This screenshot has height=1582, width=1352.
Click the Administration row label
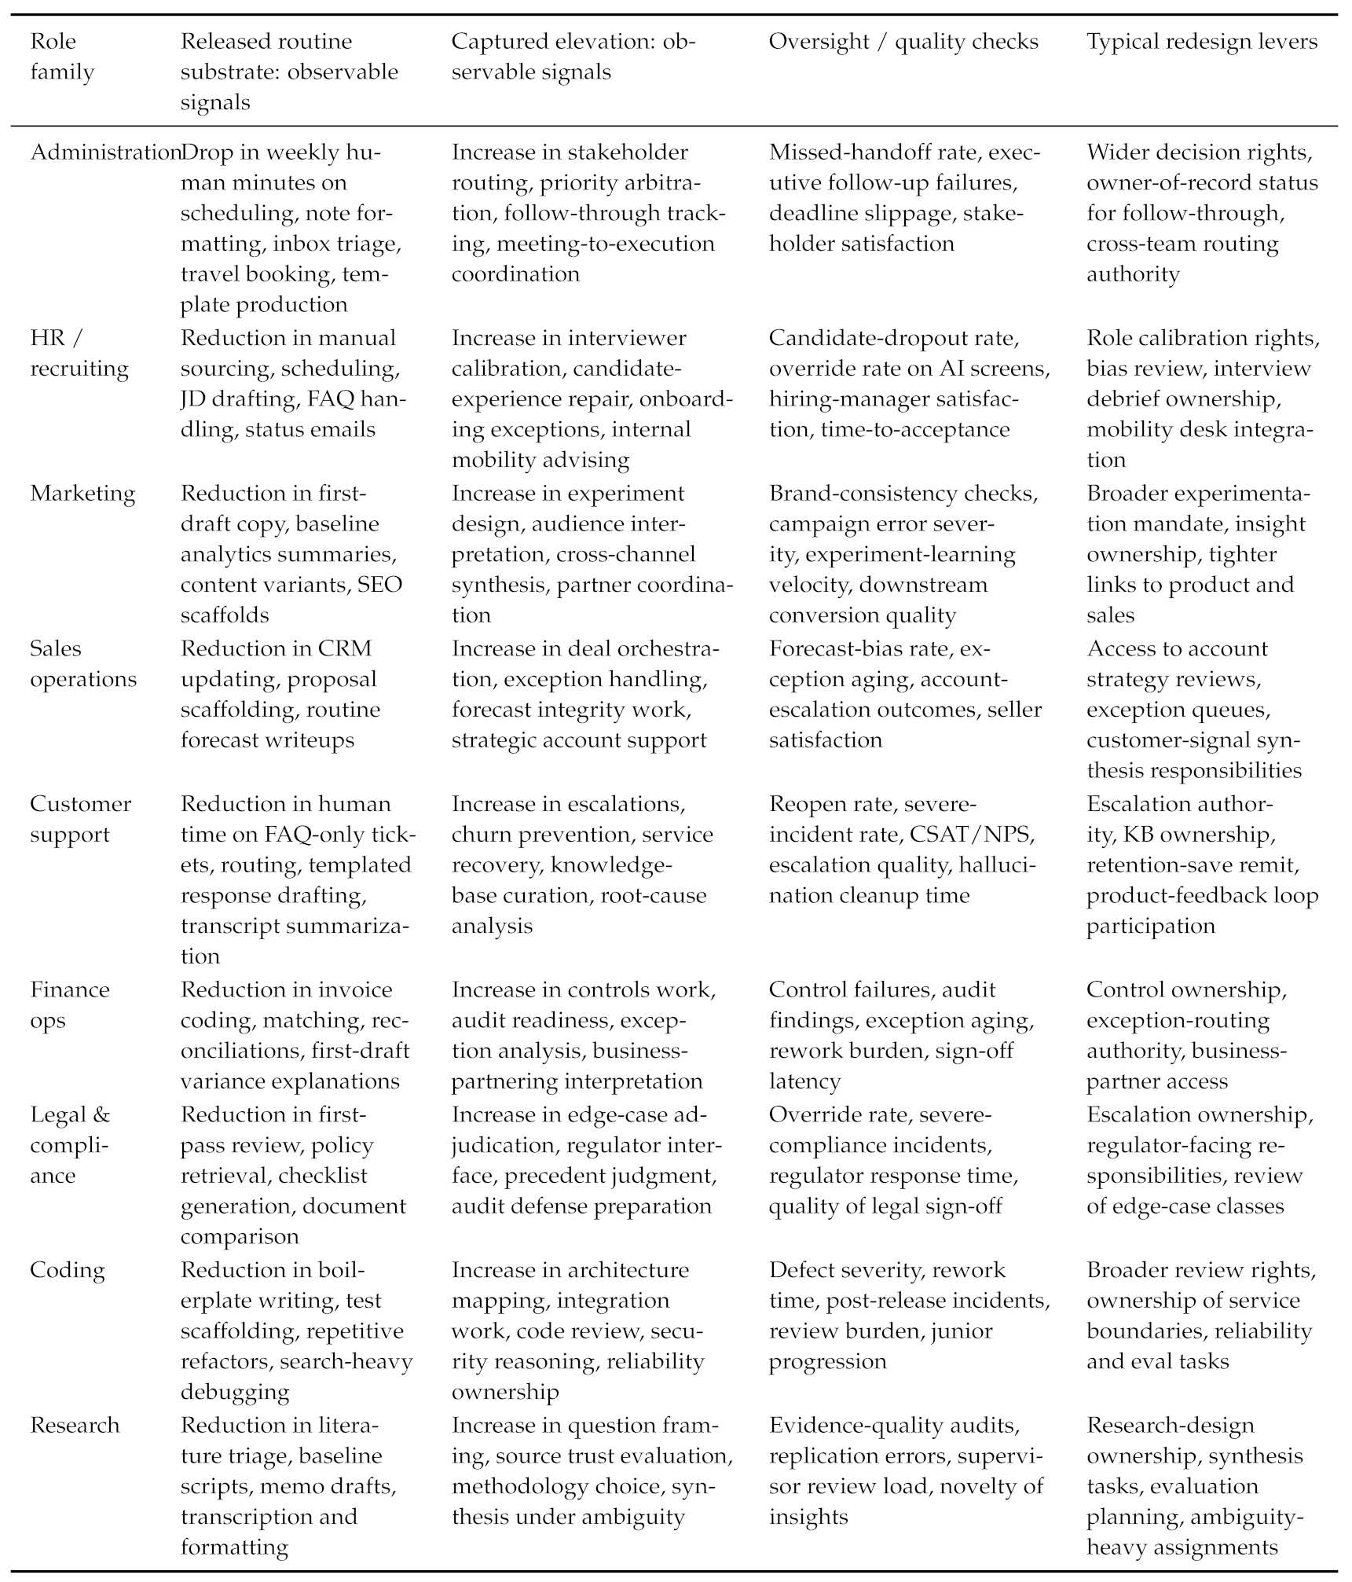pyautogui.click(x=104, y=152)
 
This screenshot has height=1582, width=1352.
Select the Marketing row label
pyautogui.click(x=82, y=494)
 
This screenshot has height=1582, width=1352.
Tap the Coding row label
pyautogui.click(x=67, y=1271)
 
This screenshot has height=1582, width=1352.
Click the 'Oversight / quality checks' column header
pyautogui.click(x=903, y=42)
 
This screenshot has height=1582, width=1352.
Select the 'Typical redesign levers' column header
pyautogui.click(x=1201, y=42)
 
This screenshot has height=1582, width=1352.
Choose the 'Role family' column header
pyautogui.click(x=61, y=57)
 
